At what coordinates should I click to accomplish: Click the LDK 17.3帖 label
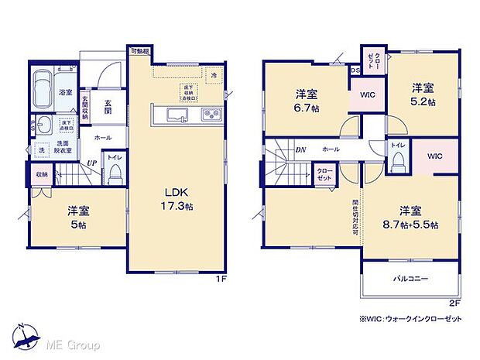pyautogui.click(x=177, y=200)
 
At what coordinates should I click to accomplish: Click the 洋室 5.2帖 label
pyautogui.click(x=423, y=94)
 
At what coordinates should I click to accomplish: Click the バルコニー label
pyautogui.click(x=410, y=278)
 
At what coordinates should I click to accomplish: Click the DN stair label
pyautogui.click(x=300, y=149)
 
